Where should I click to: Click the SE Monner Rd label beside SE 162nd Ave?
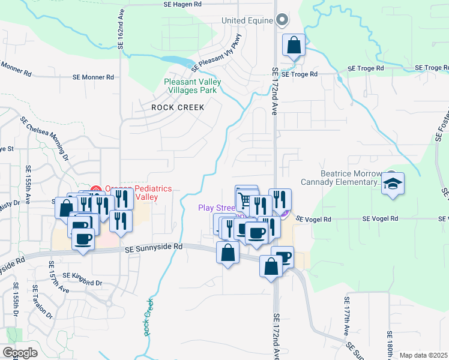pos(93,77)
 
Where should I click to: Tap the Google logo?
pos(20,352)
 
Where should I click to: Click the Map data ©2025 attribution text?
pos(423,355)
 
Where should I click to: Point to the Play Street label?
pos(217,208)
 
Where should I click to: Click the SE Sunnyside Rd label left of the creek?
pos(153,247)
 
